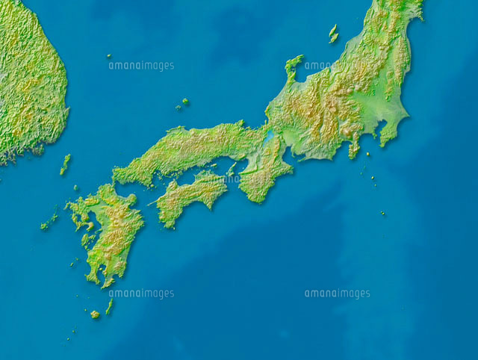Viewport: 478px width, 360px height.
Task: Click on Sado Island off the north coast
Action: pyautogui.click(x=333, y=33)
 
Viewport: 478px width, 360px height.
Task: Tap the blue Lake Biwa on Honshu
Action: pyautogui.click(x=267, y=138)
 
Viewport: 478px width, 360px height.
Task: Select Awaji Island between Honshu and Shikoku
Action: pyautogui.click(x=231, y=171)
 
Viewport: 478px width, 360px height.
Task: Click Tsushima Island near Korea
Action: pyautogui.click(x=65, y=164)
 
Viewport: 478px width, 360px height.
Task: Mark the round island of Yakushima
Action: pyautogui.click(x=95, y=314)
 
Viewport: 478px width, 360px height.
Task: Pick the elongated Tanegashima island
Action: pyautogui.click(x=110, y=305)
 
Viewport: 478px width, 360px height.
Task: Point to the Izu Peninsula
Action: pyautogui.click(x=353, y=149)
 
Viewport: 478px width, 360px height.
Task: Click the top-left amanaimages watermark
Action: pyautogui.click(x=141, y=66)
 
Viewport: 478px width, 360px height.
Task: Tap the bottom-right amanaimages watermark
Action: pyautogui.click(x=337, y=294)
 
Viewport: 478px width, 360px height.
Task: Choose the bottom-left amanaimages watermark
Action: pyautogui.click(x=141, y=294)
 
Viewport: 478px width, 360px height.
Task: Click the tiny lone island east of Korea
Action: pyautogui.click(x=108, y=56)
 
